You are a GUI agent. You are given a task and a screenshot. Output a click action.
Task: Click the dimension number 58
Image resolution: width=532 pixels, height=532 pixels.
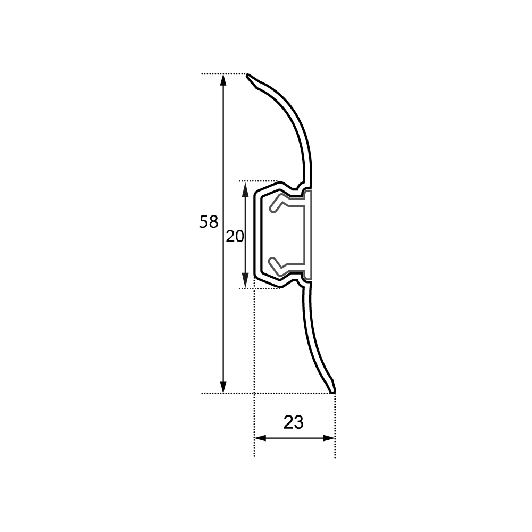coord(209,222)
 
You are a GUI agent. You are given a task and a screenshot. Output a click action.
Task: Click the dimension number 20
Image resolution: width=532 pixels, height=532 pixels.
coord(235,237)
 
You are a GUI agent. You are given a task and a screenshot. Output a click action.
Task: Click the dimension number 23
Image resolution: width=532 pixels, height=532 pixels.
coord(294,422)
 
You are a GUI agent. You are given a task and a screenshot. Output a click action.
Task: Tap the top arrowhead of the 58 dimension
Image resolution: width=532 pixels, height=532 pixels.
coord(223,80)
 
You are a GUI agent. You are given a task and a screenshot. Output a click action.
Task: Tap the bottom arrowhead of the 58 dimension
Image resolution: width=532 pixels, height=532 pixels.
coord(223,387)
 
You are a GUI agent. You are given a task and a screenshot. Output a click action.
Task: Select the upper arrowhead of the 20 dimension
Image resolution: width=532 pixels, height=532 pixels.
coord(245,189)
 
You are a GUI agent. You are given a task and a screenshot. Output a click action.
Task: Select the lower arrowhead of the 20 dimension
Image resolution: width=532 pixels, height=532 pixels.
coord(245,280)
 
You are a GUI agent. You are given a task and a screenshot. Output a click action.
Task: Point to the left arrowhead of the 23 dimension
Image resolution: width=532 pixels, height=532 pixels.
coord(260,438)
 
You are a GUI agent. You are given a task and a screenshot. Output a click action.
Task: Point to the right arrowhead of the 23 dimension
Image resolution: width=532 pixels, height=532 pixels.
coord(329,438)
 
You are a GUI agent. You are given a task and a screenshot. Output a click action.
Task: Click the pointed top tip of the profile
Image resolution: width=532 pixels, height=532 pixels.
coord(247,74)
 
